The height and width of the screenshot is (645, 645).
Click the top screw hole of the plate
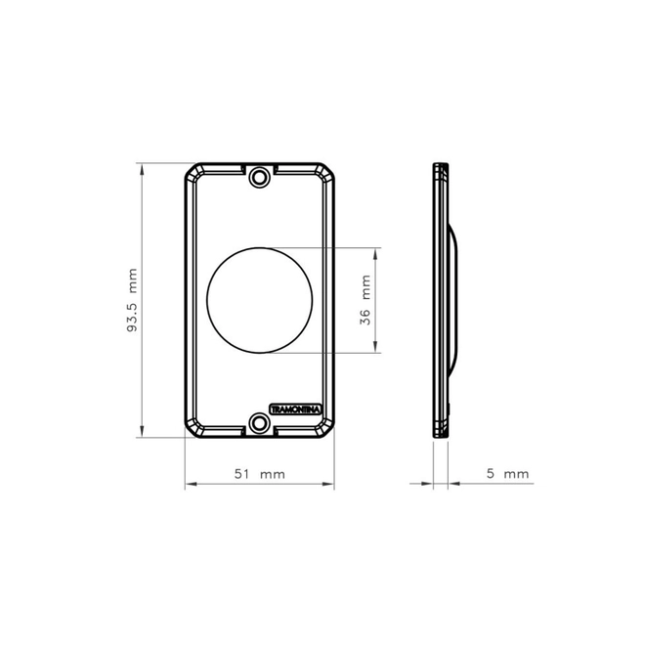(x=259, y=178)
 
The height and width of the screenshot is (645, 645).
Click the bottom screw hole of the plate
(x=259, y=423)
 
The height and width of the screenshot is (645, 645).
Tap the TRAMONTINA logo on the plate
(x=295, y=409)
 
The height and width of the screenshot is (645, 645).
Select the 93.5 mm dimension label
(x=133, y=300)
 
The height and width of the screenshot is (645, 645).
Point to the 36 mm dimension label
(x=365, y=300)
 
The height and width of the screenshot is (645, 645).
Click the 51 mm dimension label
(x=260, y=474)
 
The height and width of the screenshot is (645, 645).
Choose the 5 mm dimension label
(x=507, y=473)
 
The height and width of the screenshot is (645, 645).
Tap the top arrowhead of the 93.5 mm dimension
(x=142, y=170)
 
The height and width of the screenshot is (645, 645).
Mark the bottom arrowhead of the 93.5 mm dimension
(x=142, y=431)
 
